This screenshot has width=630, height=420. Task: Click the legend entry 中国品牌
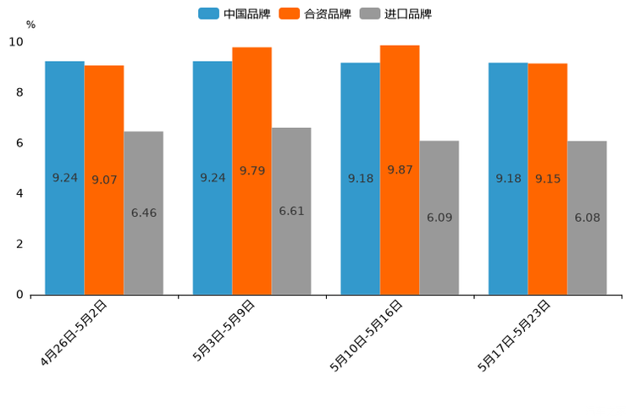coord(233,14)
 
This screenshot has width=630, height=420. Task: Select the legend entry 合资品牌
coord(316,14)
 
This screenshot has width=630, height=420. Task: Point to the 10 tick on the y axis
coord(17,41)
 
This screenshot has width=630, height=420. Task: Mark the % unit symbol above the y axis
coord(30,25)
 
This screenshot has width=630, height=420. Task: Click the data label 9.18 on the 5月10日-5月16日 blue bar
coord(360,179)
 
